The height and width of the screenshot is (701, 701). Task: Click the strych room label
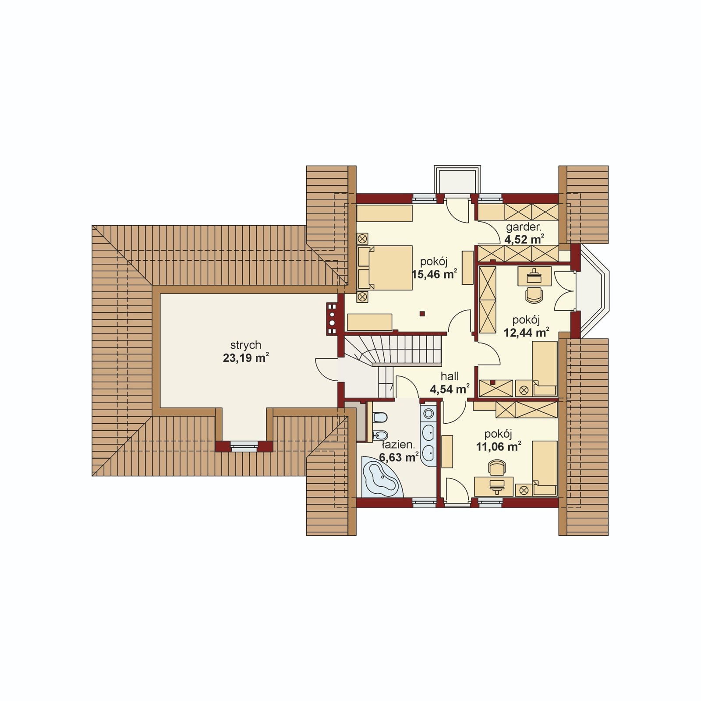tap(246, 345)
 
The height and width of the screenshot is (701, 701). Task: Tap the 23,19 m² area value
tap(246, 358)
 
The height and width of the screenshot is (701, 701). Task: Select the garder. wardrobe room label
tap(524, 227)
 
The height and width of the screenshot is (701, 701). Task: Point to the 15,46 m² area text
tap(435, 275)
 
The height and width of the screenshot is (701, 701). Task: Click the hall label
tap(450, 376)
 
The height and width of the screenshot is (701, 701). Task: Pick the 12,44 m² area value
tap(526, 333)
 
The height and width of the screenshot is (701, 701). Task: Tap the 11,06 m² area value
tap(499, 446)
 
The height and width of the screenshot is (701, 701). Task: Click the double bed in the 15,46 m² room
tap(385, 268)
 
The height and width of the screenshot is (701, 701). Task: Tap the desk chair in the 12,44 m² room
tap(534, 294)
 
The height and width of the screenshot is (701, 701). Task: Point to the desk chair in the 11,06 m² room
tap(497, 467)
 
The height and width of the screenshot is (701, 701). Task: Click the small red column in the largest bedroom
tap(422, 313)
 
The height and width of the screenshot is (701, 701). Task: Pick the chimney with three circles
tap(332, 319)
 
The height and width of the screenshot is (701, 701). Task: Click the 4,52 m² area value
tap(524, 239)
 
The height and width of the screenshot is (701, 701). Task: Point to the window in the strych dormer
tap(244, 447)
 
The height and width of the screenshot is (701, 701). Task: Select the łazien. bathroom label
tap(398, 445)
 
